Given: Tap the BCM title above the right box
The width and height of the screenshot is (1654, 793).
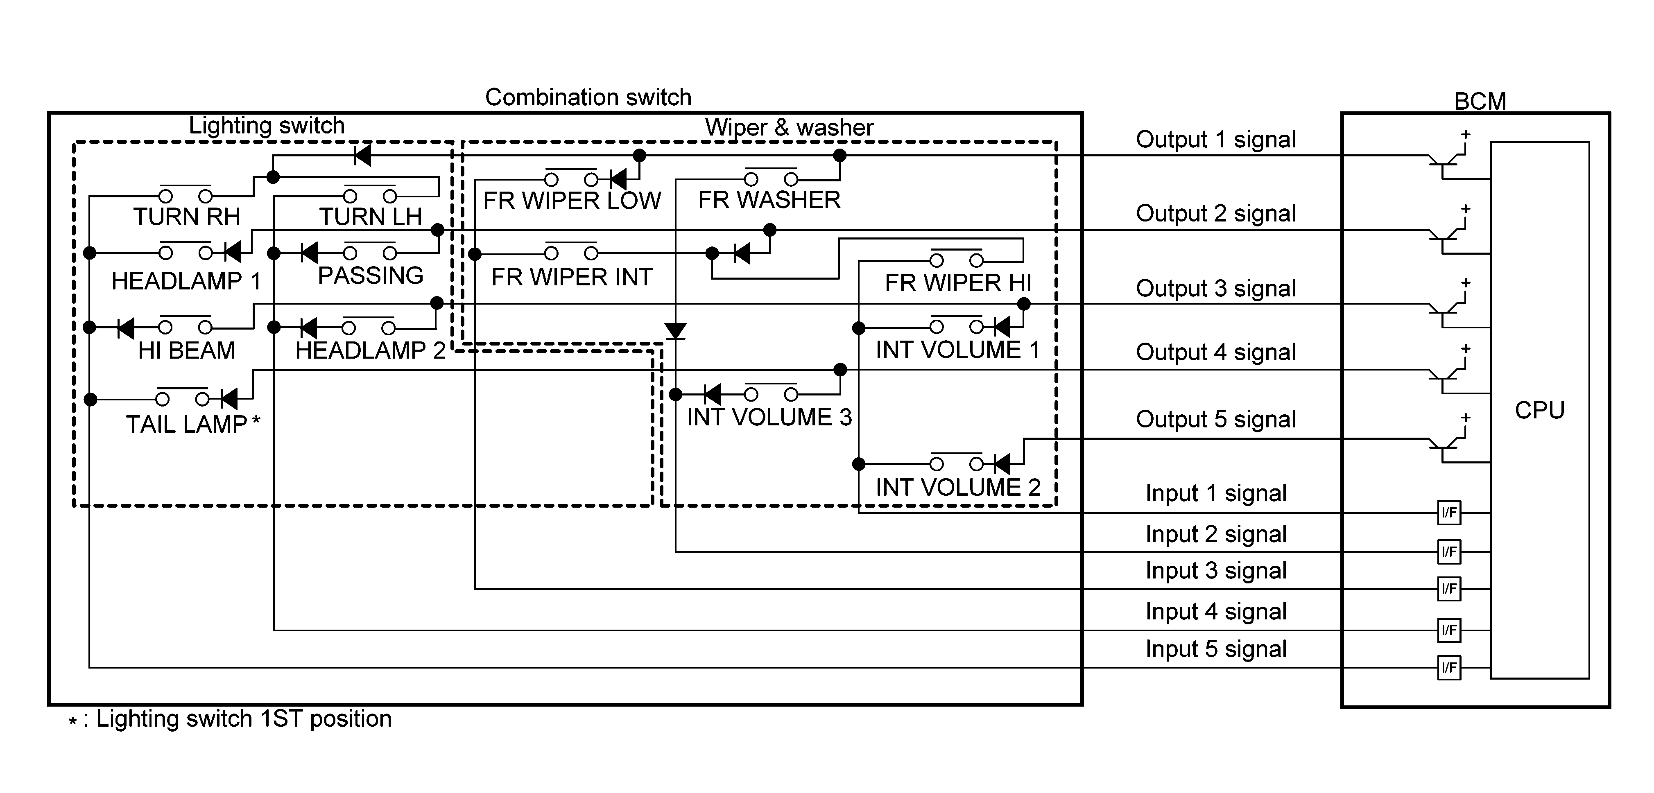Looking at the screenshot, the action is pyautogui.click(x=1480, y=101).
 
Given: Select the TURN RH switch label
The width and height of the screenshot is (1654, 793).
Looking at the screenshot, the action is pyautogui.click(x=186, y=217).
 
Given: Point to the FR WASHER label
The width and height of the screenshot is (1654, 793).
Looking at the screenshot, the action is pyautogui.click(x=769, y=200).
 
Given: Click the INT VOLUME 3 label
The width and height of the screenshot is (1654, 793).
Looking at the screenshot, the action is pyautogui.click(x=769, y=417).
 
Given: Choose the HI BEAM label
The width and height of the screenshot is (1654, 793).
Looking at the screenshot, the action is pyautogui.click(x=186, y=350).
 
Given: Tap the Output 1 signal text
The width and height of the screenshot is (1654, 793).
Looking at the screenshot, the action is pyautogui.click(x=1215, y=139).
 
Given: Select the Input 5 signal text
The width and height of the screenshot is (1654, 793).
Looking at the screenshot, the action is pyautogui.click(x=1215, y=648).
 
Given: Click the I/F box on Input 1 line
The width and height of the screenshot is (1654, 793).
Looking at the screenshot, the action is pyautogui.click(x=1449, y=513).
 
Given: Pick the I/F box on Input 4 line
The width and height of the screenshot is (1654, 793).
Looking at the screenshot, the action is pyautogui.click(x=1449, y=630).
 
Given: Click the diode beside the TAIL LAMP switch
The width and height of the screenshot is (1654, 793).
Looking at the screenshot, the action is pyautogui.click(x=229, y=400).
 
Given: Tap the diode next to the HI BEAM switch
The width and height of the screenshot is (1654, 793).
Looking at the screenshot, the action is pyautogui.click(x=126, y=328).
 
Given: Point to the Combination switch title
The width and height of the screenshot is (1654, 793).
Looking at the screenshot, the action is pyautogui.click(x=588, y=97).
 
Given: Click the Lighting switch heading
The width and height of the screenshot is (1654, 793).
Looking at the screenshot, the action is pyautogui.click(x=267, y=125).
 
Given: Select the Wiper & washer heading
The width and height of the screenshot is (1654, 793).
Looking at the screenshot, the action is pyautogui.click(x=789, y=127).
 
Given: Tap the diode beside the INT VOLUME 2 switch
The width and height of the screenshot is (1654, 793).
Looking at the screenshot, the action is pyautogui.click(x=1002, y=463).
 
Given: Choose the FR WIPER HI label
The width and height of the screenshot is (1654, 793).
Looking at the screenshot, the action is pyautogui.click(x=958, y=282).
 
